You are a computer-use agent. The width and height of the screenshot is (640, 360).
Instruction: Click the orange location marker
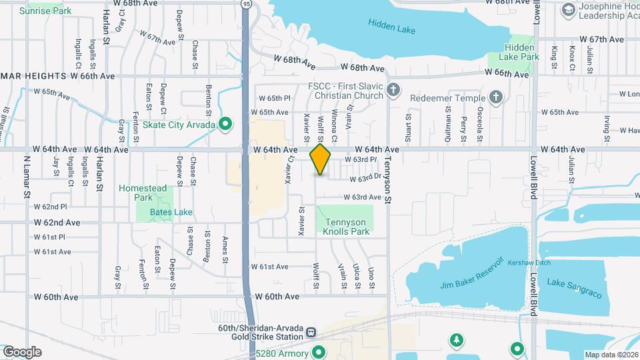(x=320, y=159)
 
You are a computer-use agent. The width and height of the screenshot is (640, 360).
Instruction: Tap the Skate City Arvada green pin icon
(x=225, y=123)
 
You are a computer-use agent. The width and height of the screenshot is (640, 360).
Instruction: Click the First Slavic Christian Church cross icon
(x=394, y=90)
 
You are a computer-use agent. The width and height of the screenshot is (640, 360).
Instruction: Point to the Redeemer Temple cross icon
(x=495, y=98)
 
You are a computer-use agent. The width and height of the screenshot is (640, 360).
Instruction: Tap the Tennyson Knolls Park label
(x=346, y=227)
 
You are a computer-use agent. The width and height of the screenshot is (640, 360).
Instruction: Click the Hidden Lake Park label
(x=521, y=52)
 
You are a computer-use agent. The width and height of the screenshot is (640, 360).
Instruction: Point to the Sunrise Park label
(x=45, y=11)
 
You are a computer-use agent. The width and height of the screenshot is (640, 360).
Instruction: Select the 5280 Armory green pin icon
(x=318, y=351)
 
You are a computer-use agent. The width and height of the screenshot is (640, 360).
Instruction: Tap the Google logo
(x=22, y=352)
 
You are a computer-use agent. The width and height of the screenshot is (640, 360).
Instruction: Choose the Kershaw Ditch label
(x=530, y=263)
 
